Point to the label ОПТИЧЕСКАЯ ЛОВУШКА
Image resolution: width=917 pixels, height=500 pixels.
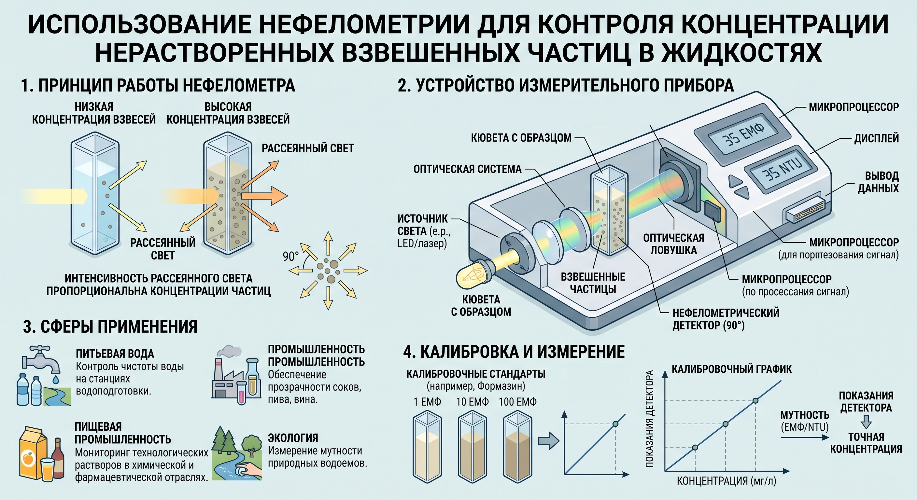[673, 244]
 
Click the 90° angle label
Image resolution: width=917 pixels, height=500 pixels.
[291, 256]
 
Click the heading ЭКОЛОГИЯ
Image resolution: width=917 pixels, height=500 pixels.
[293, 438]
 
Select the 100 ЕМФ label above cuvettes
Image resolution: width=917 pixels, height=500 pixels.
[517, 402]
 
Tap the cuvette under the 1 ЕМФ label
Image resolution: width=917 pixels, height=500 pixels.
[427, 447]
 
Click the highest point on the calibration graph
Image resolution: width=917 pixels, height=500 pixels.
[755, 400]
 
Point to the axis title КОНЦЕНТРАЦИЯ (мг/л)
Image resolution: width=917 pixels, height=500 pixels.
[726, 481]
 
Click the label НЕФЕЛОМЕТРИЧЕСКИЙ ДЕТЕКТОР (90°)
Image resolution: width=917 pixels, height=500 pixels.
[726, 319]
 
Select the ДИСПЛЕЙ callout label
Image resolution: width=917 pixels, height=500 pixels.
[876, 138]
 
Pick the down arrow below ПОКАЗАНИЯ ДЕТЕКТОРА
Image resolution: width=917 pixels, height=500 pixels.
[866, 422]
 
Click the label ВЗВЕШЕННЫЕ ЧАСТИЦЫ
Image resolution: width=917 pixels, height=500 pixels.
[593, 283]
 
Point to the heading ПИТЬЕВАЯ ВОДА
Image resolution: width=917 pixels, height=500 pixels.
[115, 354]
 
